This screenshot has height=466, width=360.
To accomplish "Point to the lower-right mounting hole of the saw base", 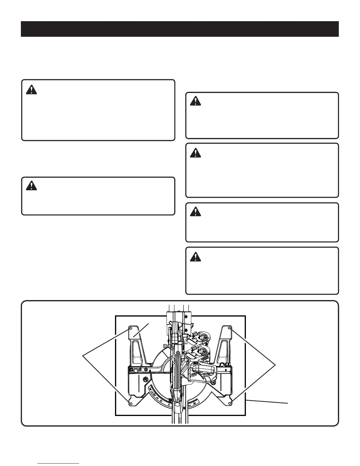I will pos(230,402).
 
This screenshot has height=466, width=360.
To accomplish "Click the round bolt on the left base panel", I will pos(145,380).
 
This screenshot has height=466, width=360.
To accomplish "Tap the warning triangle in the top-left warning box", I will pos(31,89).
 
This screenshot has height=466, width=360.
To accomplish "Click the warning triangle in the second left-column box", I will pos(31,186).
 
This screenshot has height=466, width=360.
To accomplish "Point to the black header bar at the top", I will pos(180,29).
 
